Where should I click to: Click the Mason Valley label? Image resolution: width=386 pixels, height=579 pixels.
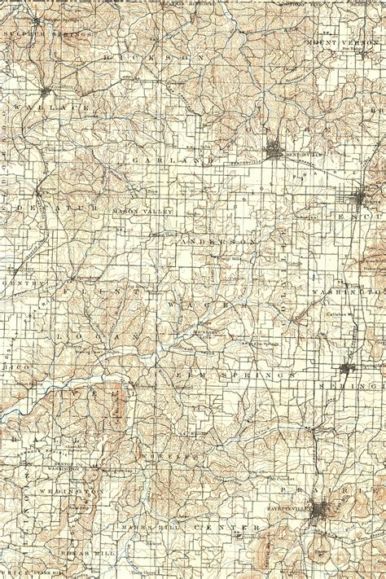(143, 212)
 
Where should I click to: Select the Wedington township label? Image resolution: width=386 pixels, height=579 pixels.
(69, 492)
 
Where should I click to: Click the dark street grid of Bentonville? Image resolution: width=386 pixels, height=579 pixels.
(274, 150)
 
